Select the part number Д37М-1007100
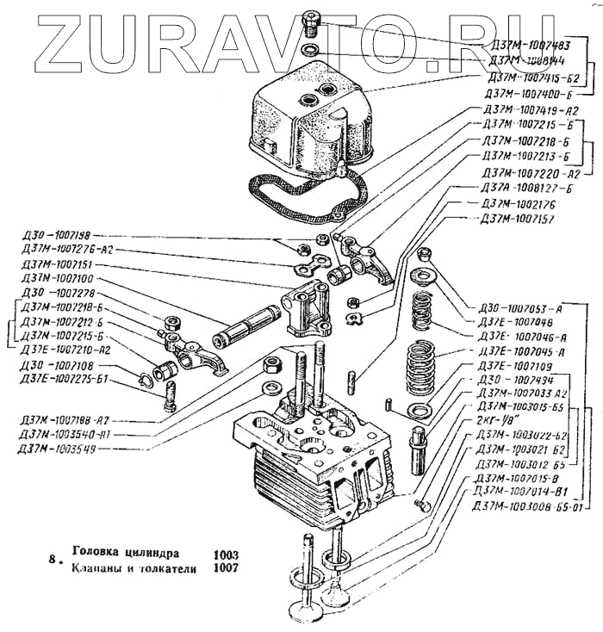point(59,280)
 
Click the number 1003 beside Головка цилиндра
point(223,554)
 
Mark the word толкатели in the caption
point(163,569)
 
